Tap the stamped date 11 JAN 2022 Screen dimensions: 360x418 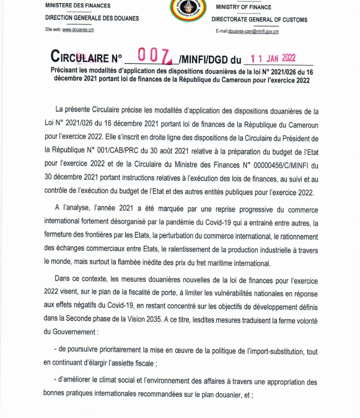click(271, 58)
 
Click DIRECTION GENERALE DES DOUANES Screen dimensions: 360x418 click(83, 19)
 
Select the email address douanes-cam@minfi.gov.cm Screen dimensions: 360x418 click(255, 30)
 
